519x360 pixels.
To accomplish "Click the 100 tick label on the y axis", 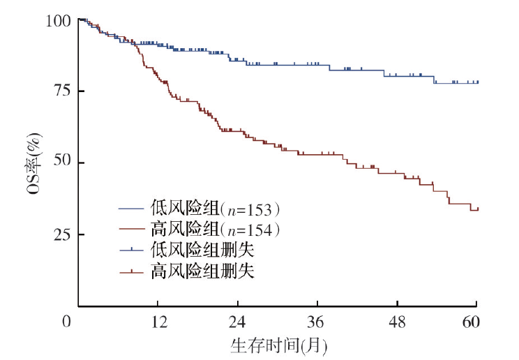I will (59, 21).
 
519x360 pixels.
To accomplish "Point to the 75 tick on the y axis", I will (62, 91).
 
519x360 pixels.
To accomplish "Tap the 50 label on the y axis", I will (62, 163).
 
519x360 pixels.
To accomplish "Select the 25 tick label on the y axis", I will (62, 234).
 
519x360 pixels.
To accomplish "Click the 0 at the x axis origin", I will (67, 322).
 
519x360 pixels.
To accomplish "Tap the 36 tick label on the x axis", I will (317, 322).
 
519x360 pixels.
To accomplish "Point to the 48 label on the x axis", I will (397, 322).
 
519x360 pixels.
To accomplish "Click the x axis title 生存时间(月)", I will (278, 344).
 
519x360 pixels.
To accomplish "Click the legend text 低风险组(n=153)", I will (214, 208).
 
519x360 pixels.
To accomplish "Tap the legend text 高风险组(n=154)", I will (214, 229).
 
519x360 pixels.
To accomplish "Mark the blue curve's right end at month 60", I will (478, 82).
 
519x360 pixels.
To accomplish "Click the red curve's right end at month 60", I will (478, 209).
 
